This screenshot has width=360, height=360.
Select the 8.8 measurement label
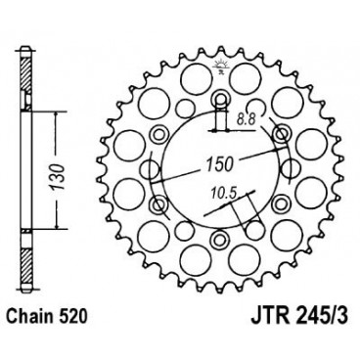(251, 117)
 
